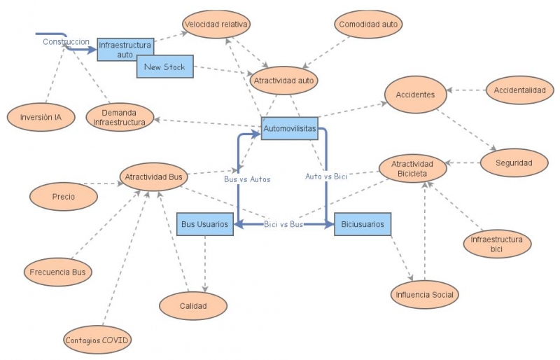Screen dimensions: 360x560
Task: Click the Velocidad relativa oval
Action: [216, 25]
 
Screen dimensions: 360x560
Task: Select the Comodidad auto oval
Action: [368, 25]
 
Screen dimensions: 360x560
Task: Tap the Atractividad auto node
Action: [284, 81]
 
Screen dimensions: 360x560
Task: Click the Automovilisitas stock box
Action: [290, 128]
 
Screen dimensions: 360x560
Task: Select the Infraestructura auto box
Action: [125, 49]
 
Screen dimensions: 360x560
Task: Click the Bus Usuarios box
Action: [204, 224]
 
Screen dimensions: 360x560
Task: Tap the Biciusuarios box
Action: [363, 224]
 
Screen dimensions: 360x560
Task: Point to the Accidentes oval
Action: [415, 95]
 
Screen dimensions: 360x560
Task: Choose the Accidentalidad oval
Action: [519, 90]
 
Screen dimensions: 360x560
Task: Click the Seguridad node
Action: [514, 163]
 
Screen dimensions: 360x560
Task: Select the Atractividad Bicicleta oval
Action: [412, 169]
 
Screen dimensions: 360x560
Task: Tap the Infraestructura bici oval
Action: [496, 244]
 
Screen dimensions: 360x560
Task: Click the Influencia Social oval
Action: [423, 295]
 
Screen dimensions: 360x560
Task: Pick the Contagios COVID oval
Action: [97, 340]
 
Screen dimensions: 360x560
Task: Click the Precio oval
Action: [63, 197]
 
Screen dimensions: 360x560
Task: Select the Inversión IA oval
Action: [41, 117]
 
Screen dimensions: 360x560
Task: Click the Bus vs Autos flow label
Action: [246, 179]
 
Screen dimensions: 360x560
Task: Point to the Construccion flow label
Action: [66, 42]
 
